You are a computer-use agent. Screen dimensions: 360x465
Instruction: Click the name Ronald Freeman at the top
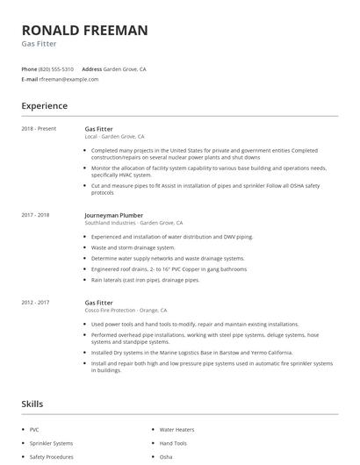pos(84,31)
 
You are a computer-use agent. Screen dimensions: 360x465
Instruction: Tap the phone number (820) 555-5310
pos(57,68)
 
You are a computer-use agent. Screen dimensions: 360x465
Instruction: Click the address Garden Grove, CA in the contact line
pos(126,68)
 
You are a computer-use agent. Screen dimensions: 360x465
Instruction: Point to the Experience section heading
pos(45,106)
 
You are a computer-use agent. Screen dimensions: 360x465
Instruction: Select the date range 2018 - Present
pos(39,128)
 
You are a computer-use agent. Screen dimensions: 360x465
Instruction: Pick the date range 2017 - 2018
pos(35,215)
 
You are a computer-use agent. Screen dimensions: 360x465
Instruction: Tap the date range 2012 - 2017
pos(35,302)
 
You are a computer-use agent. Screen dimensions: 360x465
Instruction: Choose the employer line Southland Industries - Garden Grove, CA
pos(133,223)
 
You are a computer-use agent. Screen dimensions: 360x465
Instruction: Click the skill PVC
pos(34,430)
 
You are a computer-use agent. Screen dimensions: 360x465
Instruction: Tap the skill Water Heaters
pos(178,430)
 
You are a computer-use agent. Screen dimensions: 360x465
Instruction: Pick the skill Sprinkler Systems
pos(51,443)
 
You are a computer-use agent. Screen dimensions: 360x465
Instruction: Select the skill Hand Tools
pos(173,443)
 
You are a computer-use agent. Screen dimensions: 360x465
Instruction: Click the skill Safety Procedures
pos(52,456)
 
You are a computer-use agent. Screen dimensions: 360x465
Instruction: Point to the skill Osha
pos(166,456)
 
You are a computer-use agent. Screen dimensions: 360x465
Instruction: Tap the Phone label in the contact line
pos(29,68)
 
